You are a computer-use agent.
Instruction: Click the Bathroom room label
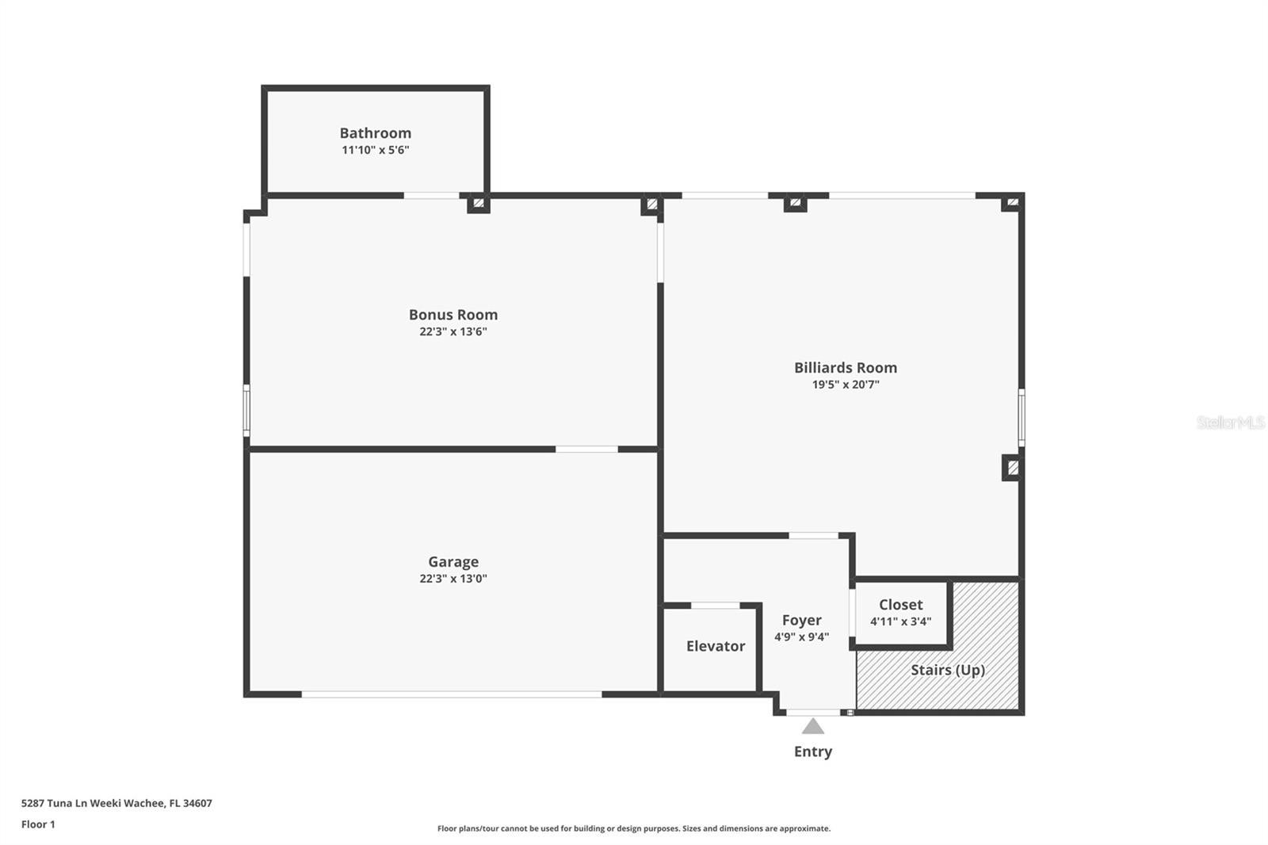click(375, 133)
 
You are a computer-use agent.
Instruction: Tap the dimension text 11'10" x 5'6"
click(375, 150)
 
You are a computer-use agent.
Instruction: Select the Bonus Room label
click(453, 315)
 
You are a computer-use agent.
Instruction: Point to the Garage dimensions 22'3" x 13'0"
click(453, 579)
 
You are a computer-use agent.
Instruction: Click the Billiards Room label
click(845, 368)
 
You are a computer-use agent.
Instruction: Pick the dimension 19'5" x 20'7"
click(845, 385)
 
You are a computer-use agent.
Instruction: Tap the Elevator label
click(715, 646)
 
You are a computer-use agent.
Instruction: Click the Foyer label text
click(801, 621)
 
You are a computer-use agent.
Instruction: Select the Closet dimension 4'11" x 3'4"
click(900, 621)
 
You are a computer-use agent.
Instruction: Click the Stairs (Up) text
click(947, 670)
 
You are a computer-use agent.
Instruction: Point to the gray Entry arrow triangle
click(812, 726)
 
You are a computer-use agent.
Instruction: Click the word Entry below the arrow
click(812, 751)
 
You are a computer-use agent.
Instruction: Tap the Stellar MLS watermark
click(1230, 422)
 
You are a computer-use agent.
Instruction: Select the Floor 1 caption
click(38, 824)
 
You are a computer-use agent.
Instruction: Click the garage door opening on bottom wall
click(452, 694)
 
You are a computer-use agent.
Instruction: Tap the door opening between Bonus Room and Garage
click(586, 449)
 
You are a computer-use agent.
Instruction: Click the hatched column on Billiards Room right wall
click(1011, 468)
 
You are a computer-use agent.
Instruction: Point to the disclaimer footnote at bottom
click(633, 828)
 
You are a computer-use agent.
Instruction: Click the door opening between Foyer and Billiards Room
click(813, 536)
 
